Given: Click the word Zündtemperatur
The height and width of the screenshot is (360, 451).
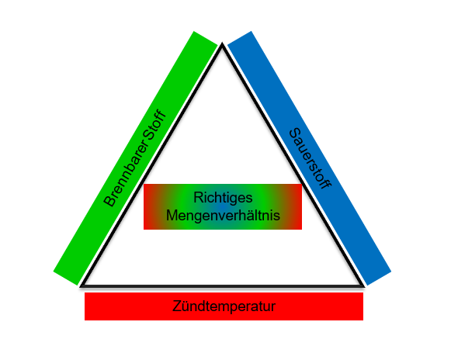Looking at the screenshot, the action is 224,306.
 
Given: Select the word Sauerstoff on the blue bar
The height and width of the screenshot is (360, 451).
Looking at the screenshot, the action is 310,159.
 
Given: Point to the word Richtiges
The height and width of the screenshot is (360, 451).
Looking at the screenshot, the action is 223,198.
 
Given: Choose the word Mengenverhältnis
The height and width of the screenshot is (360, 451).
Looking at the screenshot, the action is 223,215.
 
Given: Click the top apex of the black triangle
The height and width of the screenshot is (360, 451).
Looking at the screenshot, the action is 222,43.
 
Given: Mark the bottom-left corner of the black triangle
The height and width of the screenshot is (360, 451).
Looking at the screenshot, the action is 81,286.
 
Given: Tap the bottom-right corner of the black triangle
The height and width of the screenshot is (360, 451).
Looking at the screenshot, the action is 364,286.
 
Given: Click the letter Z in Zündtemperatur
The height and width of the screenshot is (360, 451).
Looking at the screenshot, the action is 177,306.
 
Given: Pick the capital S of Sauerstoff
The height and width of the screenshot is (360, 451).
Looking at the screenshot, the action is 295,134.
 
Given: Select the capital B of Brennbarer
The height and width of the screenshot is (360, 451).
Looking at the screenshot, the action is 109,201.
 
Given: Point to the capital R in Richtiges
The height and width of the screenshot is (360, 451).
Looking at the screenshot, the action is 199,197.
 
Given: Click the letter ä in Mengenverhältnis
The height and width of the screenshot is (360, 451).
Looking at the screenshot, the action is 248,215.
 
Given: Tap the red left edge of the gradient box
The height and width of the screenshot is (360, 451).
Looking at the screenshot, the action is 145,206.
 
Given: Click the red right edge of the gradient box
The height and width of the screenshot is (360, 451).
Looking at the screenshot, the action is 300,206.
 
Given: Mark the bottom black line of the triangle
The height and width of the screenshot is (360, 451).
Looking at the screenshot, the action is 222,286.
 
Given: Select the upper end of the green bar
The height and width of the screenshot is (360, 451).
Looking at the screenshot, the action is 206,38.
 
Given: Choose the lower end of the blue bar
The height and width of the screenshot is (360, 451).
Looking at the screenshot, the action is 379,278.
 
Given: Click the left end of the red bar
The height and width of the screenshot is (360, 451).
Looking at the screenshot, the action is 85,306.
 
